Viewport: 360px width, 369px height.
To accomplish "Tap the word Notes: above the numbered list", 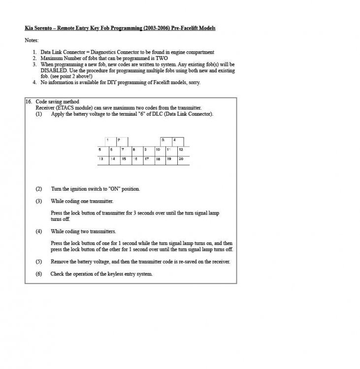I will coord(31,40).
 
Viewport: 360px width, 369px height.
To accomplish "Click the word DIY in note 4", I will coord(108,82).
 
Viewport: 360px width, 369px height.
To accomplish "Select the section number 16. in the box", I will coord(29,101).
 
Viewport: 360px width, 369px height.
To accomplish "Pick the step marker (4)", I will coord(39,231).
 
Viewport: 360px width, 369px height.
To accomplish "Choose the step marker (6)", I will coord(39,274).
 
